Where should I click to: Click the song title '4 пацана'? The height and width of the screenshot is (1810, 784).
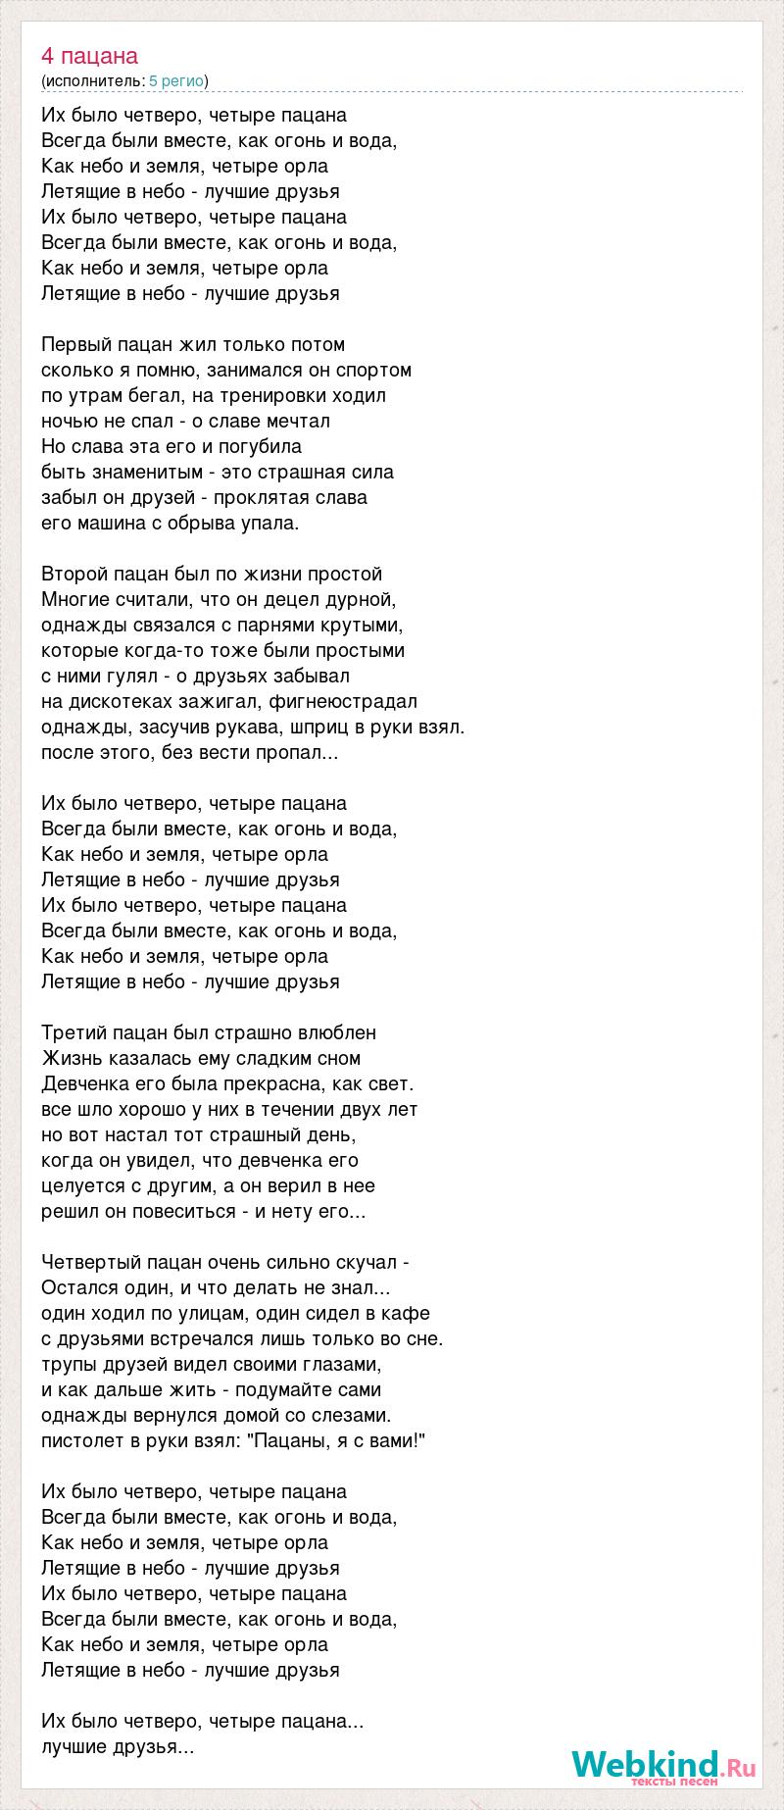point(90,56)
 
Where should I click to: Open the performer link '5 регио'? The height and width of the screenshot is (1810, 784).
point(176,80)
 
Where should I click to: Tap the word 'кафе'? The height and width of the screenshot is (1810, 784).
point(408,1313)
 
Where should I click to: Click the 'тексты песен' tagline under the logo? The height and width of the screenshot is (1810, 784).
point(674,1782)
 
